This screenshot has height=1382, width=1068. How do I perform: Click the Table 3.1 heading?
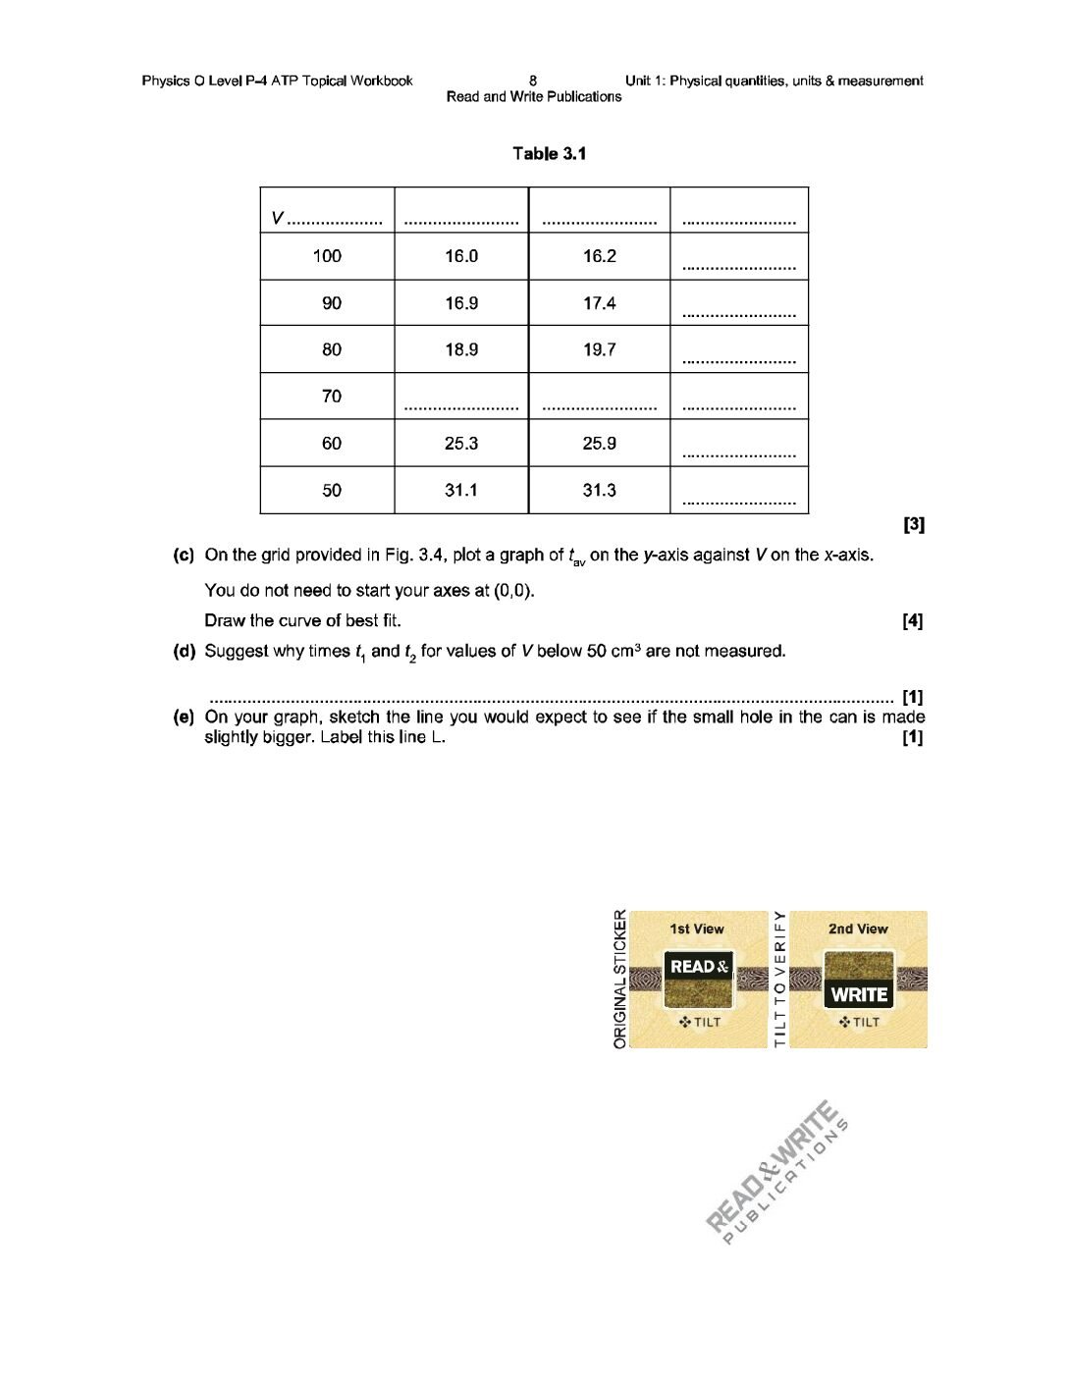click(549, 153)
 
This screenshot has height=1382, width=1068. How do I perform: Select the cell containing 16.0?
click(460, 256)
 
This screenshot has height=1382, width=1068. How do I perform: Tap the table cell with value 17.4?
click(599, 303)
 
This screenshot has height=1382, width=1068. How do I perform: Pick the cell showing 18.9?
click(460, 349)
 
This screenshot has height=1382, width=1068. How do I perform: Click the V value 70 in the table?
click(332, 397)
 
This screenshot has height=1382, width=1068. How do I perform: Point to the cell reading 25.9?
click(599, 444)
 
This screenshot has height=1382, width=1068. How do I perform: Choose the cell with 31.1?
click(460, 490)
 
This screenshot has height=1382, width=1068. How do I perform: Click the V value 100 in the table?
click(327, 256)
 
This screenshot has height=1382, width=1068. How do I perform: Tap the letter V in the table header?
click(278, 218)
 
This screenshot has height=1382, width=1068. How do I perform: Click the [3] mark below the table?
click(913, 524)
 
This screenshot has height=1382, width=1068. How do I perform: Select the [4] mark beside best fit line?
click(912, 620)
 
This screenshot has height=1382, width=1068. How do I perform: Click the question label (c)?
click(184, 556)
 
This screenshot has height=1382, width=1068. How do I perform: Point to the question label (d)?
click(184, 652)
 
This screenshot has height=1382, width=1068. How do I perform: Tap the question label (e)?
click(184, 718)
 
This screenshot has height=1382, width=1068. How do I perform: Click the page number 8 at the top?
click(533, 80)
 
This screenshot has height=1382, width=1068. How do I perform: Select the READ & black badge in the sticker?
click(699, 967)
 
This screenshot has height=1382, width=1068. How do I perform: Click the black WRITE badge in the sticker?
click(859, 994)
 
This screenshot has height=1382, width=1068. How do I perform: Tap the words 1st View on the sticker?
click(697, 929)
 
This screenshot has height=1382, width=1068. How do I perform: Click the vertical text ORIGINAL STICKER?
click(619, 979)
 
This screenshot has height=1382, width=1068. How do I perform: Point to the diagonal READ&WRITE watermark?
click(775, 1168)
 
